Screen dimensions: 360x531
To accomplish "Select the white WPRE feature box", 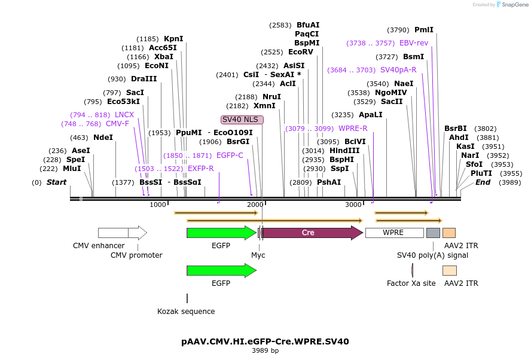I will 394,233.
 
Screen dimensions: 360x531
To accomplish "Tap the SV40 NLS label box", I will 242,120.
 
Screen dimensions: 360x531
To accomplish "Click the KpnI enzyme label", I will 173,39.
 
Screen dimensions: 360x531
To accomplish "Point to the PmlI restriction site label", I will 424,30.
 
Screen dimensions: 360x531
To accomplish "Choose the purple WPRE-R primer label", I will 353,129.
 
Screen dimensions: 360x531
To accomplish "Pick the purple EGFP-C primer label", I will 230,155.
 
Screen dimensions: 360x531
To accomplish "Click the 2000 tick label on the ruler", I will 255,205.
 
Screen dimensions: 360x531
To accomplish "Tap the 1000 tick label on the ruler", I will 158,205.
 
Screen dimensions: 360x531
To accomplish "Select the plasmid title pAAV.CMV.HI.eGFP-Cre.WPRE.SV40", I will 265,341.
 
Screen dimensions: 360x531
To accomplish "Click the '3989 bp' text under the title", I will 265,350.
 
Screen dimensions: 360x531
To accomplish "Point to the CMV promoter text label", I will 136,255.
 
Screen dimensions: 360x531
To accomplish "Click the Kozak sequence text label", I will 186,312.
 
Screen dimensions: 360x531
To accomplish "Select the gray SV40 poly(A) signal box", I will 433,233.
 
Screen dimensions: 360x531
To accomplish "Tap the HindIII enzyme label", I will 344,151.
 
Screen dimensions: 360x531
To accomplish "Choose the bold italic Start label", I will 57,182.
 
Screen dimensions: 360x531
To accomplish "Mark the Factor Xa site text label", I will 411,283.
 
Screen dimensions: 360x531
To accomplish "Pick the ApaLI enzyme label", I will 370,115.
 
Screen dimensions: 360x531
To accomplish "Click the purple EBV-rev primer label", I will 414,43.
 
